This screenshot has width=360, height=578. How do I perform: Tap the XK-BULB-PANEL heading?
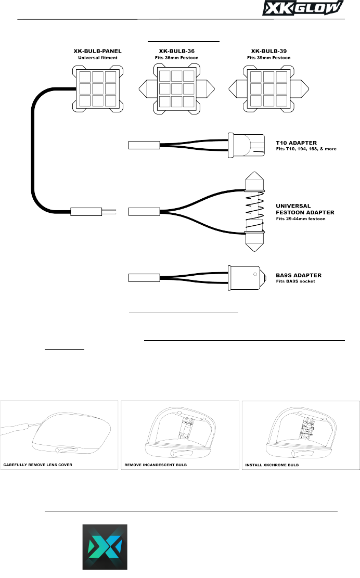[x=97, y=52]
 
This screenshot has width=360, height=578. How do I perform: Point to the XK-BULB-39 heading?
[x=271, y=52]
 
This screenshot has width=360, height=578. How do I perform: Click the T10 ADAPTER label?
[x=297, y=141]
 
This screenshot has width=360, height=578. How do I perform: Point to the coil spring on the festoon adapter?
[x=253, y=213]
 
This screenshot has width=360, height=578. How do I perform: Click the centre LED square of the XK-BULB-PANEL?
[x=97, y=87]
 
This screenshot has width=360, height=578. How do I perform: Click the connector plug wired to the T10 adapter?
[x=142, y=145]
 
